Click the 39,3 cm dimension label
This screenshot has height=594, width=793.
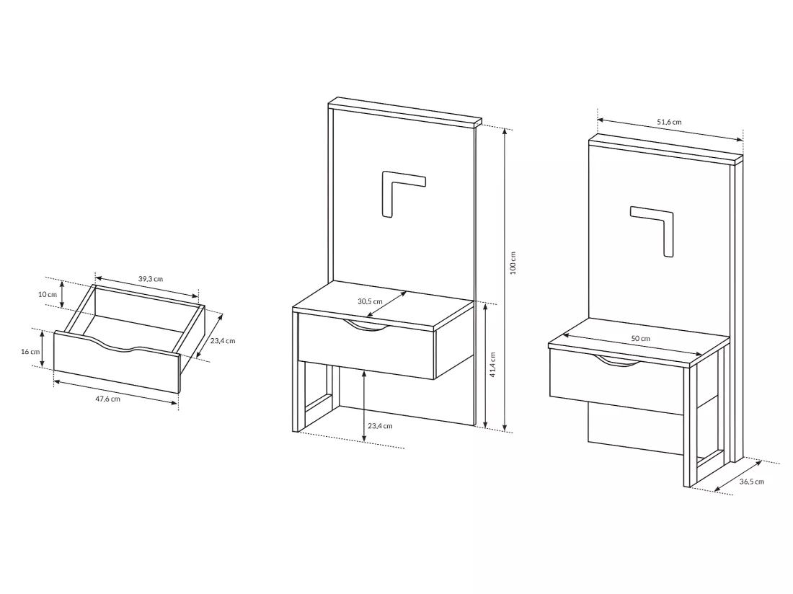151,278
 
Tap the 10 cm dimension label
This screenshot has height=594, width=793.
48,294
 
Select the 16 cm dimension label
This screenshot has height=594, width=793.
30,351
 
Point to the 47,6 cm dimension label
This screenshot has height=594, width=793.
107,399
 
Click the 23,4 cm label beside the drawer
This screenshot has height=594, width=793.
223,341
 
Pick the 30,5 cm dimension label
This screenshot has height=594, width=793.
371,301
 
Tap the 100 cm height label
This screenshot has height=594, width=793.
513,263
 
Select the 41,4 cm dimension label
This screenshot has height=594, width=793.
493,365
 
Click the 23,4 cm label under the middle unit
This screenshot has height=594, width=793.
381,425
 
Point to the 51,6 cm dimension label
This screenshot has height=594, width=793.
669,122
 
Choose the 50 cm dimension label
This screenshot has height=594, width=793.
640,338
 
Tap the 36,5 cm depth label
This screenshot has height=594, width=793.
751,482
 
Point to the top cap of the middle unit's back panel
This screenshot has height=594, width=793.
404,112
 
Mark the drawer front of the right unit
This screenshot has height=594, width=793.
616,382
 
